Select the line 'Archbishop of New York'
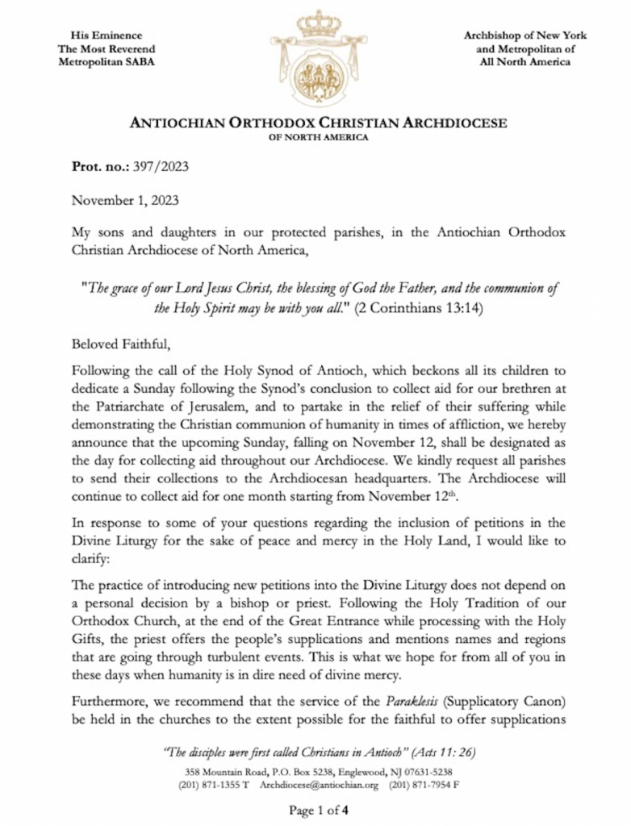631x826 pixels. tap(524, 35)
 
